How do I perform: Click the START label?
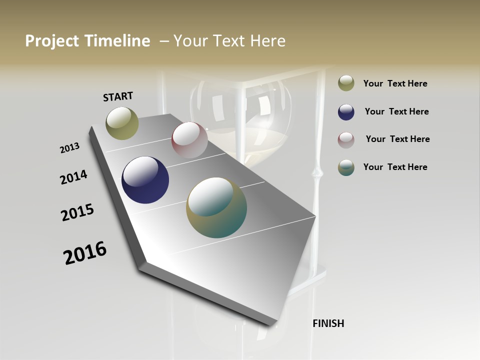pyautogui.click(x=118, y=96)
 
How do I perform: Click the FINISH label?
pyautogui.click(x=328, y=323)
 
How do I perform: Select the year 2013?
pyautogui.click(x=70, y=148)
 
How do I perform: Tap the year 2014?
pyautogui.click(x=74, y=177)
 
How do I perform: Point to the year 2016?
pyautogui.click(x=85, y=253)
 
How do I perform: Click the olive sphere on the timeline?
pyautogui.click(x=122, y=123)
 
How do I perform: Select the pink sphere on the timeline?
pyautogui.click(x=189, y=140)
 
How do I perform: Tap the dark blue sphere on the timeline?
pyautogui.click(x=145, y=180)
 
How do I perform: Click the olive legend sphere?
pyautogui.click(x=346, y=83)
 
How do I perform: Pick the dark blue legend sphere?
pyautogui.click(x=346, y=112)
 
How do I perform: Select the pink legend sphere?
pyautogui.click(x=346, y=139)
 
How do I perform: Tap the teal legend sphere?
pyautogui.click(x=346, y=167)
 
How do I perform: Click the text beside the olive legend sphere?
pyautogui.click(x=395, y=84)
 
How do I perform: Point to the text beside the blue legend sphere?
pyautogui.click(x=397, y=111)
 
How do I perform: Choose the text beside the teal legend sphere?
pyautogui.click(x=395, y=167)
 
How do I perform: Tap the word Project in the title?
pyautogui.click(x=51, y=41)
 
